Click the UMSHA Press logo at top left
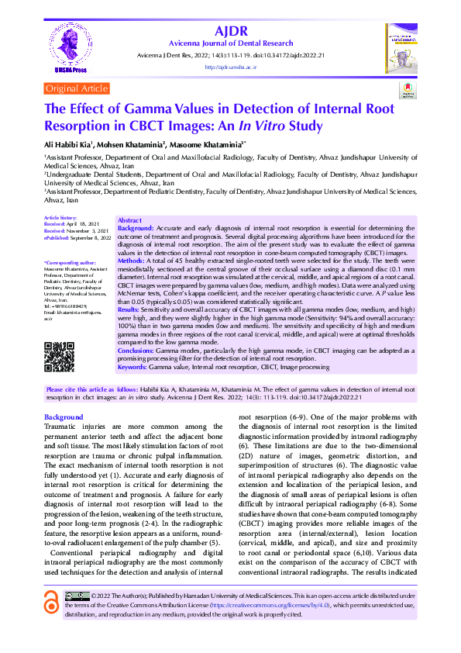[69, 47]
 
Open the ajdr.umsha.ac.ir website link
[230, 67]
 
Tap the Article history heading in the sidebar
[60, 219]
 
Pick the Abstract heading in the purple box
[129, 221]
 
